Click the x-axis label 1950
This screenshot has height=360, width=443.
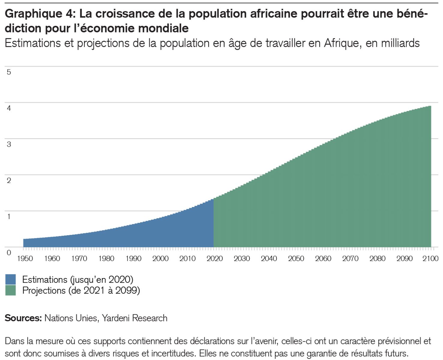pos(25,258)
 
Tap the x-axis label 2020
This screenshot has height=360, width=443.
pos(215,258)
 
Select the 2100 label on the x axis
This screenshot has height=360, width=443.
pos(431,258)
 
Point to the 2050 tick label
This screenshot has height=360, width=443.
pos(296,258)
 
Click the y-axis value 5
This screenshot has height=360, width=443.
pos(9,72)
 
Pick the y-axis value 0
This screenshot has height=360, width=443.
pos(9,253)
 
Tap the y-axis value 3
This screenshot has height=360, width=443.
pos(9,144)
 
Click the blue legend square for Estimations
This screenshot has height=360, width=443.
pos(11,279)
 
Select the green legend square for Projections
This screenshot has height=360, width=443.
pos(11,290)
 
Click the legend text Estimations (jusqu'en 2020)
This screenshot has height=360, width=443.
pos(78,279)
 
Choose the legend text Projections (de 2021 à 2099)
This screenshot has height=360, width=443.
pos(81,290)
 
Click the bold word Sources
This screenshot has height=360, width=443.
pos(23,318)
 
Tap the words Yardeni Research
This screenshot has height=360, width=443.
pos(134,318)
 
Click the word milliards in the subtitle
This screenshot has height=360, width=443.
pos(400,43)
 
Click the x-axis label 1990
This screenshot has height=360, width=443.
pos(133,258)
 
